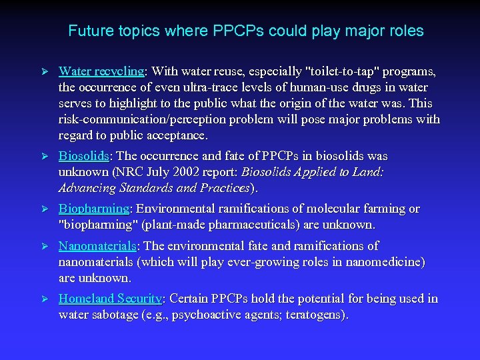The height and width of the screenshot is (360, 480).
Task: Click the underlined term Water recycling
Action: coord(101,71)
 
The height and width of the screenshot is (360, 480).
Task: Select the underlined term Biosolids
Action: coord(84,156)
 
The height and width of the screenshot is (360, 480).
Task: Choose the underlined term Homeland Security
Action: coord(110,299)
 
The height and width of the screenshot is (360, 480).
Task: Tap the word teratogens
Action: coord(313,315)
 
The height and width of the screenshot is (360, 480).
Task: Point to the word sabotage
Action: coord(116,315)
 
